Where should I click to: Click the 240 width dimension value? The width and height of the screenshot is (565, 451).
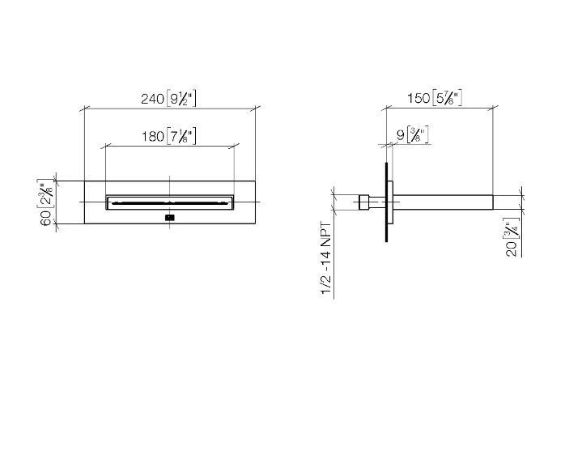(152, 99)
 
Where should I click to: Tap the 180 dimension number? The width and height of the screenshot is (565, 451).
(153, 137)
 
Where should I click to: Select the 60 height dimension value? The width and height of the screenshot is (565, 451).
(46, 218)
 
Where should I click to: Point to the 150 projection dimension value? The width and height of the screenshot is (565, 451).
(418, 98)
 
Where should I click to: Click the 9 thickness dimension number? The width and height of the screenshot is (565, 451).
(401, 135)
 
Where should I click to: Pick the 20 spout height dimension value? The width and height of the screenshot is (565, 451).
(512, 249)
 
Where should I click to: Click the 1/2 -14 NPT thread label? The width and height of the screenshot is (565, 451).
(325, 258)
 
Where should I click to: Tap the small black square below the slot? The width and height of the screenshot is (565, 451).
(170, 217)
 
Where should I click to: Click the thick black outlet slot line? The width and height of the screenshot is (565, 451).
(170, 203)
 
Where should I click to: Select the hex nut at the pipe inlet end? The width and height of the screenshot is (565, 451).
(364, 202)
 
